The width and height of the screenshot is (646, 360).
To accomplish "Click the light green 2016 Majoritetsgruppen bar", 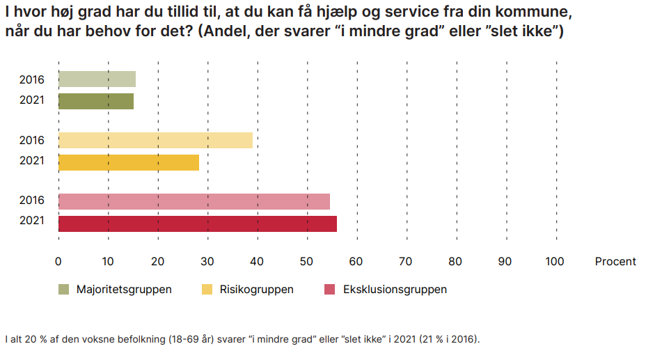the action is point(97,79).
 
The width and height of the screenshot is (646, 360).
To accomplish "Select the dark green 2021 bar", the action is point(96,102).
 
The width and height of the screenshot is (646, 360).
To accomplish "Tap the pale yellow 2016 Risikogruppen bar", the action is point(155,141).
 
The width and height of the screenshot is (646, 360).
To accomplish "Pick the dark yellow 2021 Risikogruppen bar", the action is point(129,163).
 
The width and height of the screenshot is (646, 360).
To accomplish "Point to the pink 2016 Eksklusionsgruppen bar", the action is point(194,201).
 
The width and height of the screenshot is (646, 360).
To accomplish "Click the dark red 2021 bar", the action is point(197,224).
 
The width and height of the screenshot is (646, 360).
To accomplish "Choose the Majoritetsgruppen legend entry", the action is point(115,290).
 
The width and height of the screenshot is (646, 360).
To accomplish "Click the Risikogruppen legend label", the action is point(256,290).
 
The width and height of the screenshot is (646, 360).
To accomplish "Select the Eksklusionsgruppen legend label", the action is point(395,290).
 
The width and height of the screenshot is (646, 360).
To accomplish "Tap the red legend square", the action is point(329,289).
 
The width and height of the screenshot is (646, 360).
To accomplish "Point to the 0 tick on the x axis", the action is point(58,262).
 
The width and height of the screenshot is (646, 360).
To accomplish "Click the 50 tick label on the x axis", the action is point(306,262).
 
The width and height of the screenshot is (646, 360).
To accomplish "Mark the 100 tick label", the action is point(555,262).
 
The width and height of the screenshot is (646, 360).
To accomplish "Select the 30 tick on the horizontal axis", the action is point(207,262).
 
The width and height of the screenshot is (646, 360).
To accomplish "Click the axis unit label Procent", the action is point(615,262).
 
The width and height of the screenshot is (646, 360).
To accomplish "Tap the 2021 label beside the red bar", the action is point(32,220).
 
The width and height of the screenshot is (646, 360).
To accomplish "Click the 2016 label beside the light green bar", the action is point(32,79).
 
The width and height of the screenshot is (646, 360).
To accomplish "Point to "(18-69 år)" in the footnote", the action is point(191,339).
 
